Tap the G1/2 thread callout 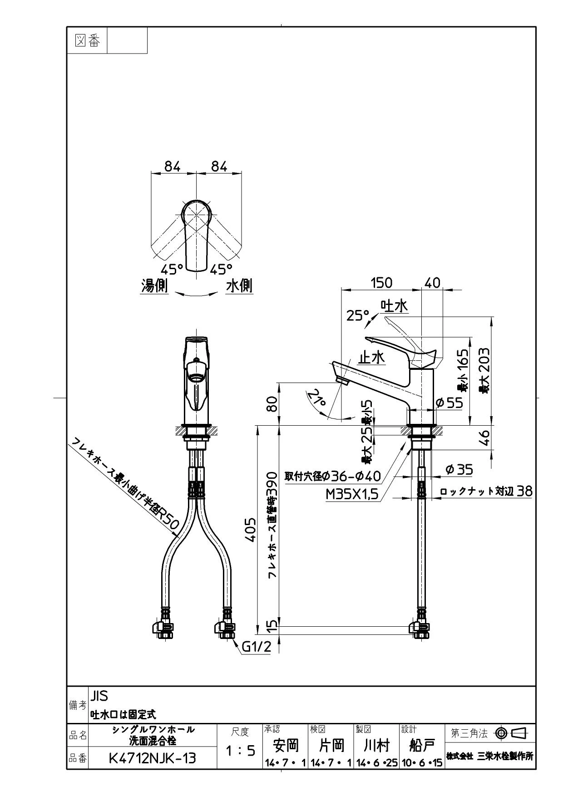click(256, 647)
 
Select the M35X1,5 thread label click(352, 493)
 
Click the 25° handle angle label click(358, 315)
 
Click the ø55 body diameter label click(449, 402)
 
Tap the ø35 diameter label click(459, 469)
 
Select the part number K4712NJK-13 click(153, 758)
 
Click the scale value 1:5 click(241, 751)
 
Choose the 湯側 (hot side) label click(154, 286)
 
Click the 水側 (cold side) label click(239, 286)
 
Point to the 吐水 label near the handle click(394, 306)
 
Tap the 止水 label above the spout click(371, 358)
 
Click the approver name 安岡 click(286, 745)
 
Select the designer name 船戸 click(422, 745)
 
